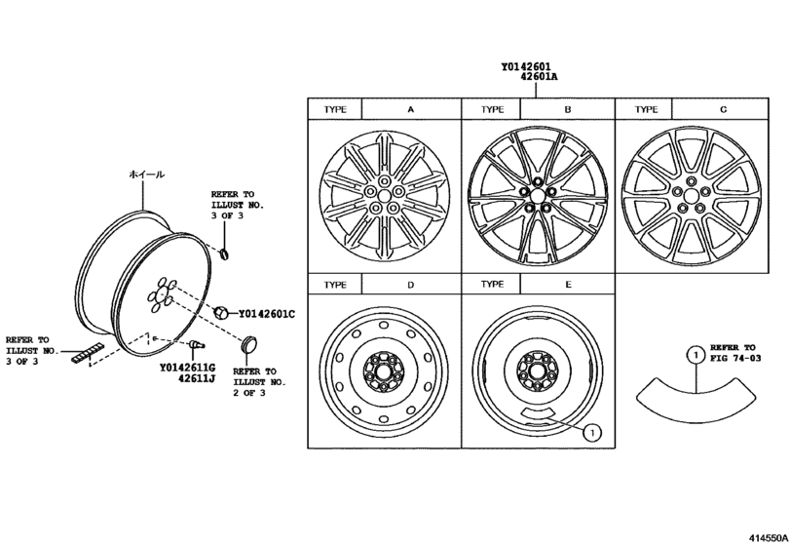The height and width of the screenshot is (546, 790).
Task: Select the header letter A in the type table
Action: (x=410, y=110)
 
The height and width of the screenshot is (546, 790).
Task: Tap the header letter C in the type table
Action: (x=722, y=110)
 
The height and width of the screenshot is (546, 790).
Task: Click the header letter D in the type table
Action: (x=410, y=285)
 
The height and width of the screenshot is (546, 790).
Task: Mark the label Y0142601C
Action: (x=266, y=313)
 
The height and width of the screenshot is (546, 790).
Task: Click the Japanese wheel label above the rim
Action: (x=147, y=174)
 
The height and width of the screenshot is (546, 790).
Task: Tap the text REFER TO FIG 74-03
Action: (x=733, y=353)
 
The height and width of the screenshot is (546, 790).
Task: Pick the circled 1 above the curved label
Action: (x=694, y=357)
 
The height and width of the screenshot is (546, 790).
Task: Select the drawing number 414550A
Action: (x=767, y=537)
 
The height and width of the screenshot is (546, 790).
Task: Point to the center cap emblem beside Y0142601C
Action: (x=222, y=313)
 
